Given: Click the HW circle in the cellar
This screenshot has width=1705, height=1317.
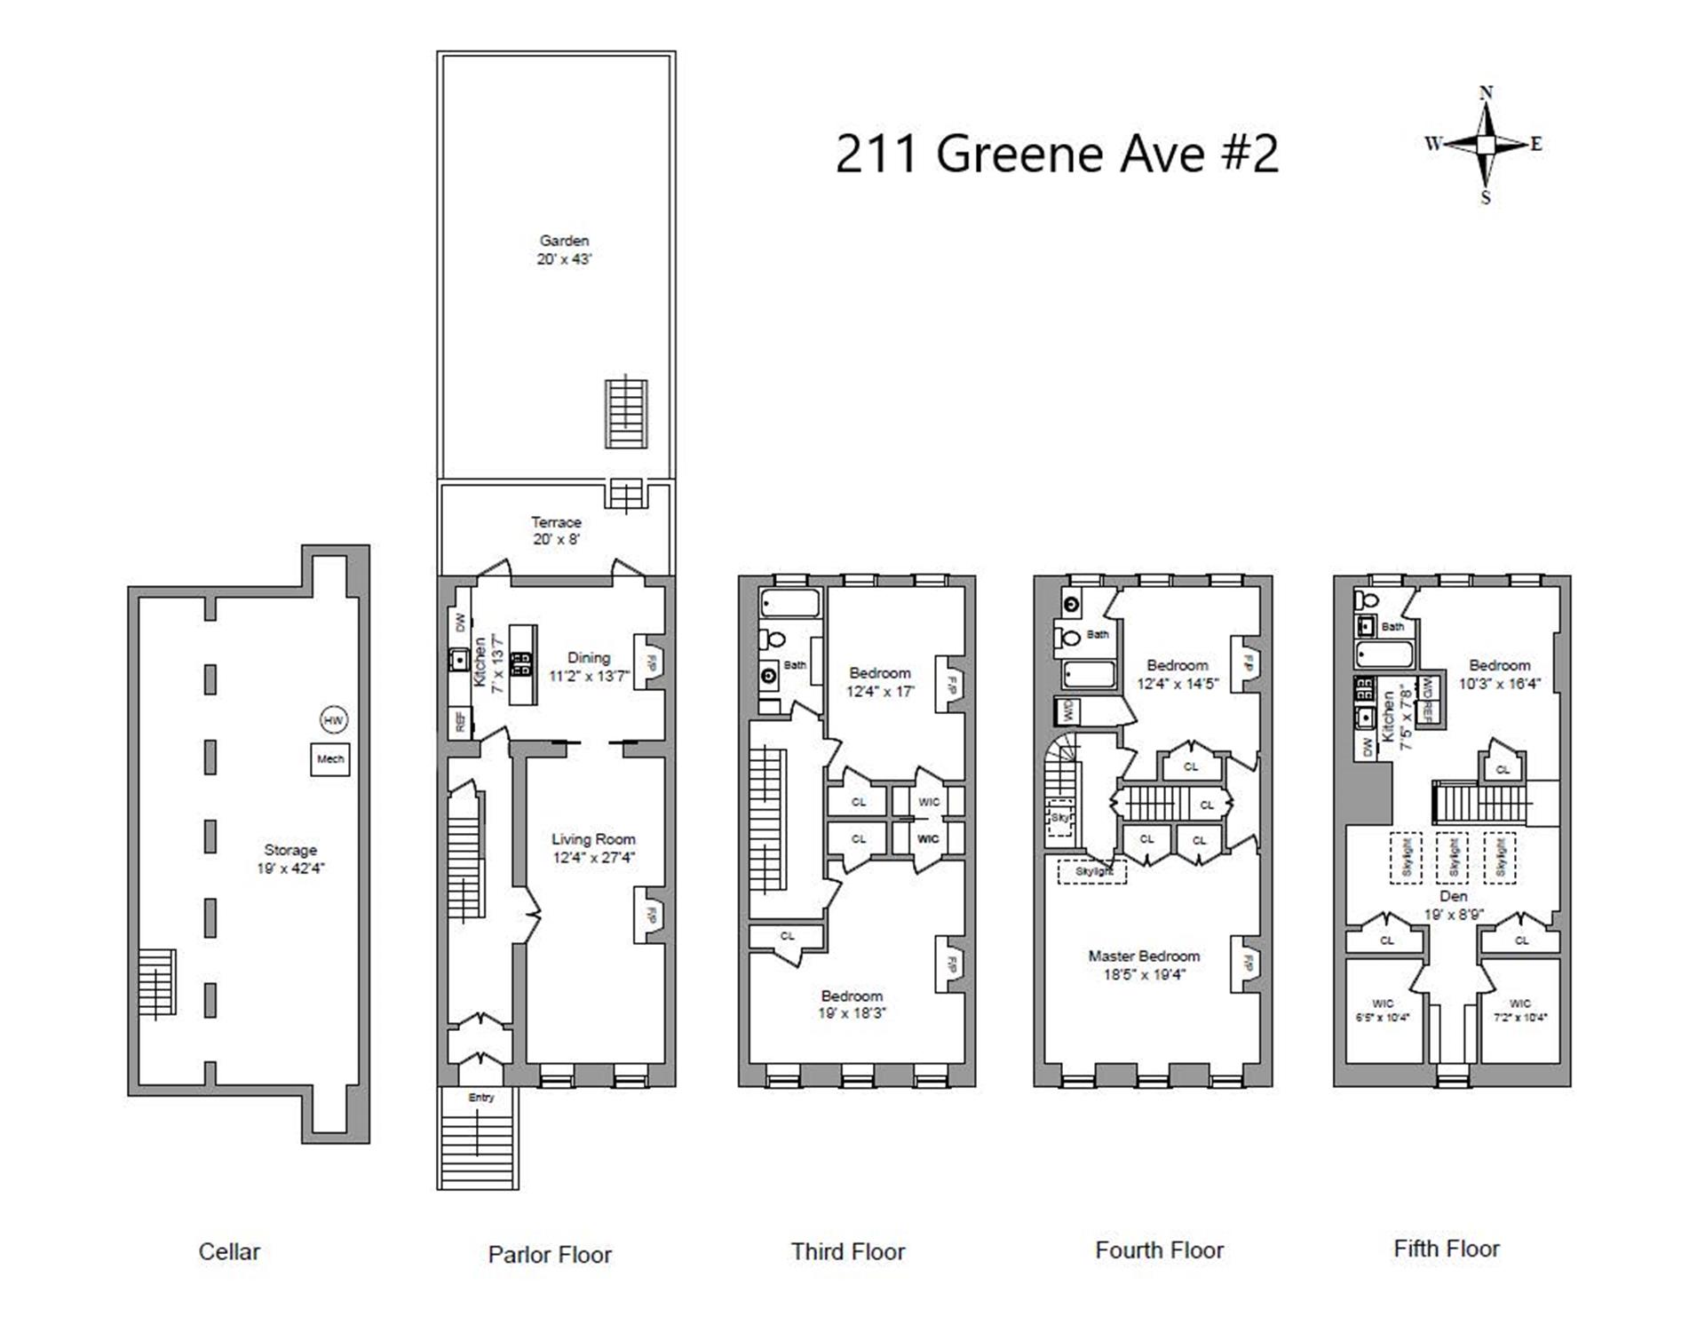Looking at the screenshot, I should (x=333, y=720).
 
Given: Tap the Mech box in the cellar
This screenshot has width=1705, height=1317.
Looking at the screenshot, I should (x=330, y=759).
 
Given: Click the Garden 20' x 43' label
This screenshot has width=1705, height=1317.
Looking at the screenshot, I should (x=564, y=250).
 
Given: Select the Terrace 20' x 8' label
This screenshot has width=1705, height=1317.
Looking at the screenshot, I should (x=556, y=530).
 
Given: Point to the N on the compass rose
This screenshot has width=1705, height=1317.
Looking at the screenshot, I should (x=1486, y=92).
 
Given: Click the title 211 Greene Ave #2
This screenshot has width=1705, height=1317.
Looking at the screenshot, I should (x=1057, y=153).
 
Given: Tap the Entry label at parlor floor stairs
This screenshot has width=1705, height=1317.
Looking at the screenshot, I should (x=480, y=1098).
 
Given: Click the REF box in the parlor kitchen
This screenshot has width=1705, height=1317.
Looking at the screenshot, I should (x=460, y=721).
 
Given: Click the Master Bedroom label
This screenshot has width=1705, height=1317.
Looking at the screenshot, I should (x=1144, y=964).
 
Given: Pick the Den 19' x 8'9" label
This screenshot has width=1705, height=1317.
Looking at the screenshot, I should (x=1453, y=905).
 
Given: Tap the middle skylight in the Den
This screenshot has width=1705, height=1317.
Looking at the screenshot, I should (x=1452, y=858).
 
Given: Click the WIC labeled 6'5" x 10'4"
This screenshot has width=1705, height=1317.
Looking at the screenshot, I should (x=1383, y=1011).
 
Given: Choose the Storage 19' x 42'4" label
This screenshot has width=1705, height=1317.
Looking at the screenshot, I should (x=290, y=859).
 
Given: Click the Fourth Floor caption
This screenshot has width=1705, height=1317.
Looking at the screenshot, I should (x=1159, y=1250).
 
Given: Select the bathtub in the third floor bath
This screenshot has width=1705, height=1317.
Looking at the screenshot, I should (x=790, y=604).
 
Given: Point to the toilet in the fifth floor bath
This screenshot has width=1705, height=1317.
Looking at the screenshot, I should (x=1367, y=600).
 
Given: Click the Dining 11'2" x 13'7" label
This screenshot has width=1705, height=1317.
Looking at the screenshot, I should (x=589, y=666).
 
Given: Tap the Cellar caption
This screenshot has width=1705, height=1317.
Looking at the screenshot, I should (x=229, y=1251).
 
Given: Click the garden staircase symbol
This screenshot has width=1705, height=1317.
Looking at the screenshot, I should (x=626, y=414).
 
